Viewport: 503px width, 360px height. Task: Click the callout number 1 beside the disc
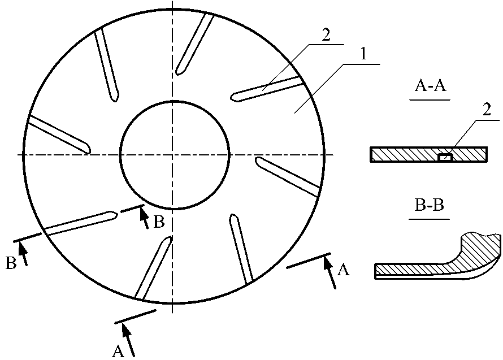coord(364,56)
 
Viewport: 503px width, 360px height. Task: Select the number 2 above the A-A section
coord(487,111)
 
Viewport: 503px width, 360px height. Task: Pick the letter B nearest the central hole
coord(159,222)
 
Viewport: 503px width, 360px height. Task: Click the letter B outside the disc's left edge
coord(11,263)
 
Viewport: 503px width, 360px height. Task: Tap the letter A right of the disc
coord(343,271)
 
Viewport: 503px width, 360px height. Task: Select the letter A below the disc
coord(118,352)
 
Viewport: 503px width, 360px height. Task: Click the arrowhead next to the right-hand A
coord(326,261)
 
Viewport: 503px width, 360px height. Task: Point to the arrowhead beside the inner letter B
coord(143,211)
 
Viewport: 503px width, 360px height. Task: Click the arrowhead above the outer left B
coord(22,245)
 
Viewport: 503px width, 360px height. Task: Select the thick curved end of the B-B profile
coord(480,249)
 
